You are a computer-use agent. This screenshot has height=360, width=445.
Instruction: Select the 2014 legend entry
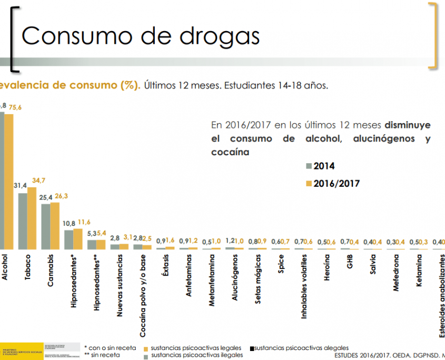[x=320, y=166]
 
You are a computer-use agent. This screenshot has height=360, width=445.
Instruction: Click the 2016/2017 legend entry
[x=331, y=184]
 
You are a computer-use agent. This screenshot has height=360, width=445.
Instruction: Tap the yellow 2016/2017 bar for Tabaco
[x=32, y=218]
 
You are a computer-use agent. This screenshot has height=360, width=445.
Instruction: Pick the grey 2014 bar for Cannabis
[x=46, y=226]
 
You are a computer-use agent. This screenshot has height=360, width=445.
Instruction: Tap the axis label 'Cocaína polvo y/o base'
[x=143, y=296]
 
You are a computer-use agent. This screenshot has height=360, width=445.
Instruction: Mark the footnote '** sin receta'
[x=102, y=355]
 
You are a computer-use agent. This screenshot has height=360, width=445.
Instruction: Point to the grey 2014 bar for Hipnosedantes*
[x=68, y=239]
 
